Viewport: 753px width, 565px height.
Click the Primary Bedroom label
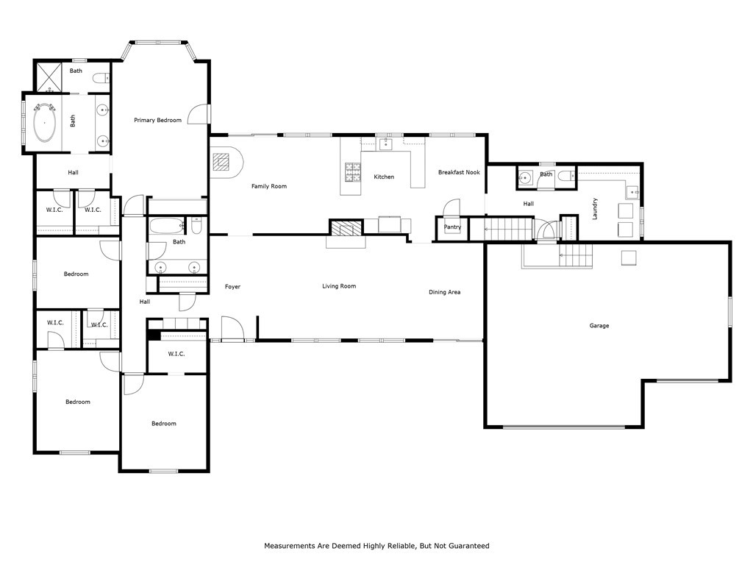coord(157,120)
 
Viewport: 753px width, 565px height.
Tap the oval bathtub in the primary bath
coord(45,122)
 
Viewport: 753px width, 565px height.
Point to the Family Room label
coord(268,186)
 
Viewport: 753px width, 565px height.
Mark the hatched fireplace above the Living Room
coord(346,228)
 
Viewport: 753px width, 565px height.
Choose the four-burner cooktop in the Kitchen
coord(353,171)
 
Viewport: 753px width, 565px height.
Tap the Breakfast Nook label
coord(459,172)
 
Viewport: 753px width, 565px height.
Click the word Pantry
coord(452,227)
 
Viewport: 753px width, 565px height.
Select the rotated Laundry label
coord(594,208)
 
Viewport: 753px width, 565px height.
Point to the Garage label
coord(599,325)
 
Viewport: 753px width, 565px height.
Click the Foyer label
coord(232,286)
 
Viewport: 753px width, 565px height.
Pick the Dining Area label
coord(444,292)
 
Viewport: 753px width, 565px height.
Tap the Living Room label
coord(339,285)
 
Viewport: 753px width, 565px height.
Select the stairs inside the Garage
coord(576,256)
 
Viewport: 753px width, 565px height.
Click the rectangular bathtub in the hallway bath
coord(166,225)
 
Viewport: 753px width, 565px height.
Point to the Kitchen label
coord(384,177)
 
